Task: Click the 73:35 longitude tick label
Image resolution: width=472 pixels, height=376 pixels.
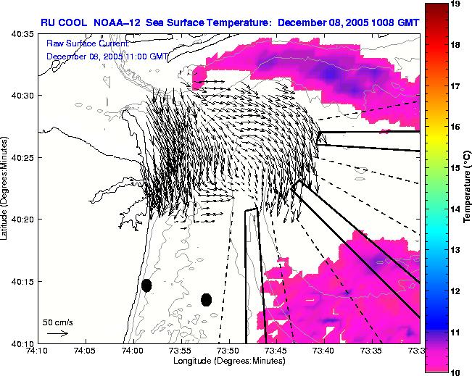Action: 372,351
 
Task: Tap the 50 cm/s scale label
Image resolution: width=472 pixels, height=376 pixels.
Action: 57,321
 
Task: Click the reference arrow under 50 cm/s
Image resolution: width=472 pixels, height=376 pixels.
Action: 57,333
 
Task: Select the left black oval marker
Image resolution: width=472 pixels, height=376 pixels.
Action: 146,285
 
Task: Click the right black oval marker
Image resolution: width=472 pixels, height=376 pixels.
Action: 206,299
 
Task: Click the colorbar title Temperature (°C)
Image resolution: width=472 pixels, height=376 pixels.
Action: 468,188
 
